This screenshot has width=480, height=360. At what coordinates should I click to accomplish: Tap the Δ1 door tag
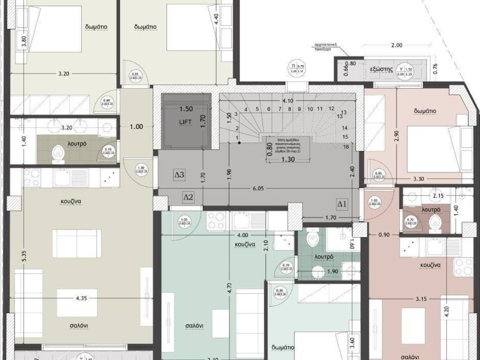[x=342, y=203]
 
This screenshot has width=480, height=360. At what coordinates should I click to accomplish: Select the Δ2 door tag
[x=188, y=197]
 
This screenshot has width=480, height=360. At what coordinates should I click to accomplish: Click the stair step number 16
[x=345, y=146]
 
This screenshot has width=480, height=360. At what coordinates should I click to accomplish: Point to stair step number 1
[x=238, y=137]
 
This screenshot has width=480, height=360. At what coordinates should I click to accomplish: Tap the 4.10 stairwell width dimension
[x=287, y=100]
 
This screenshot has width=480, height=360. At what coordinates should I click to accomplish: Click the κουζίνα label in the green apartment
[x=245, y=244]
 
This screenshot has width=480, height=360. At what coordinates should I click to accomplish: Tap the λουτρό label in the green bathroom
[x=324, y=257]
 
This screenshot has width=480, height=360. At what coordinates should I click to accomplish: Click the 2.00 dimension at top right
[x=397, y=45]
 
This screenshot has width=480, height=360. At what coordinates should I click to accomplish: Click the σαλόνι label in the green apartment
[x=194, y=326]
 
